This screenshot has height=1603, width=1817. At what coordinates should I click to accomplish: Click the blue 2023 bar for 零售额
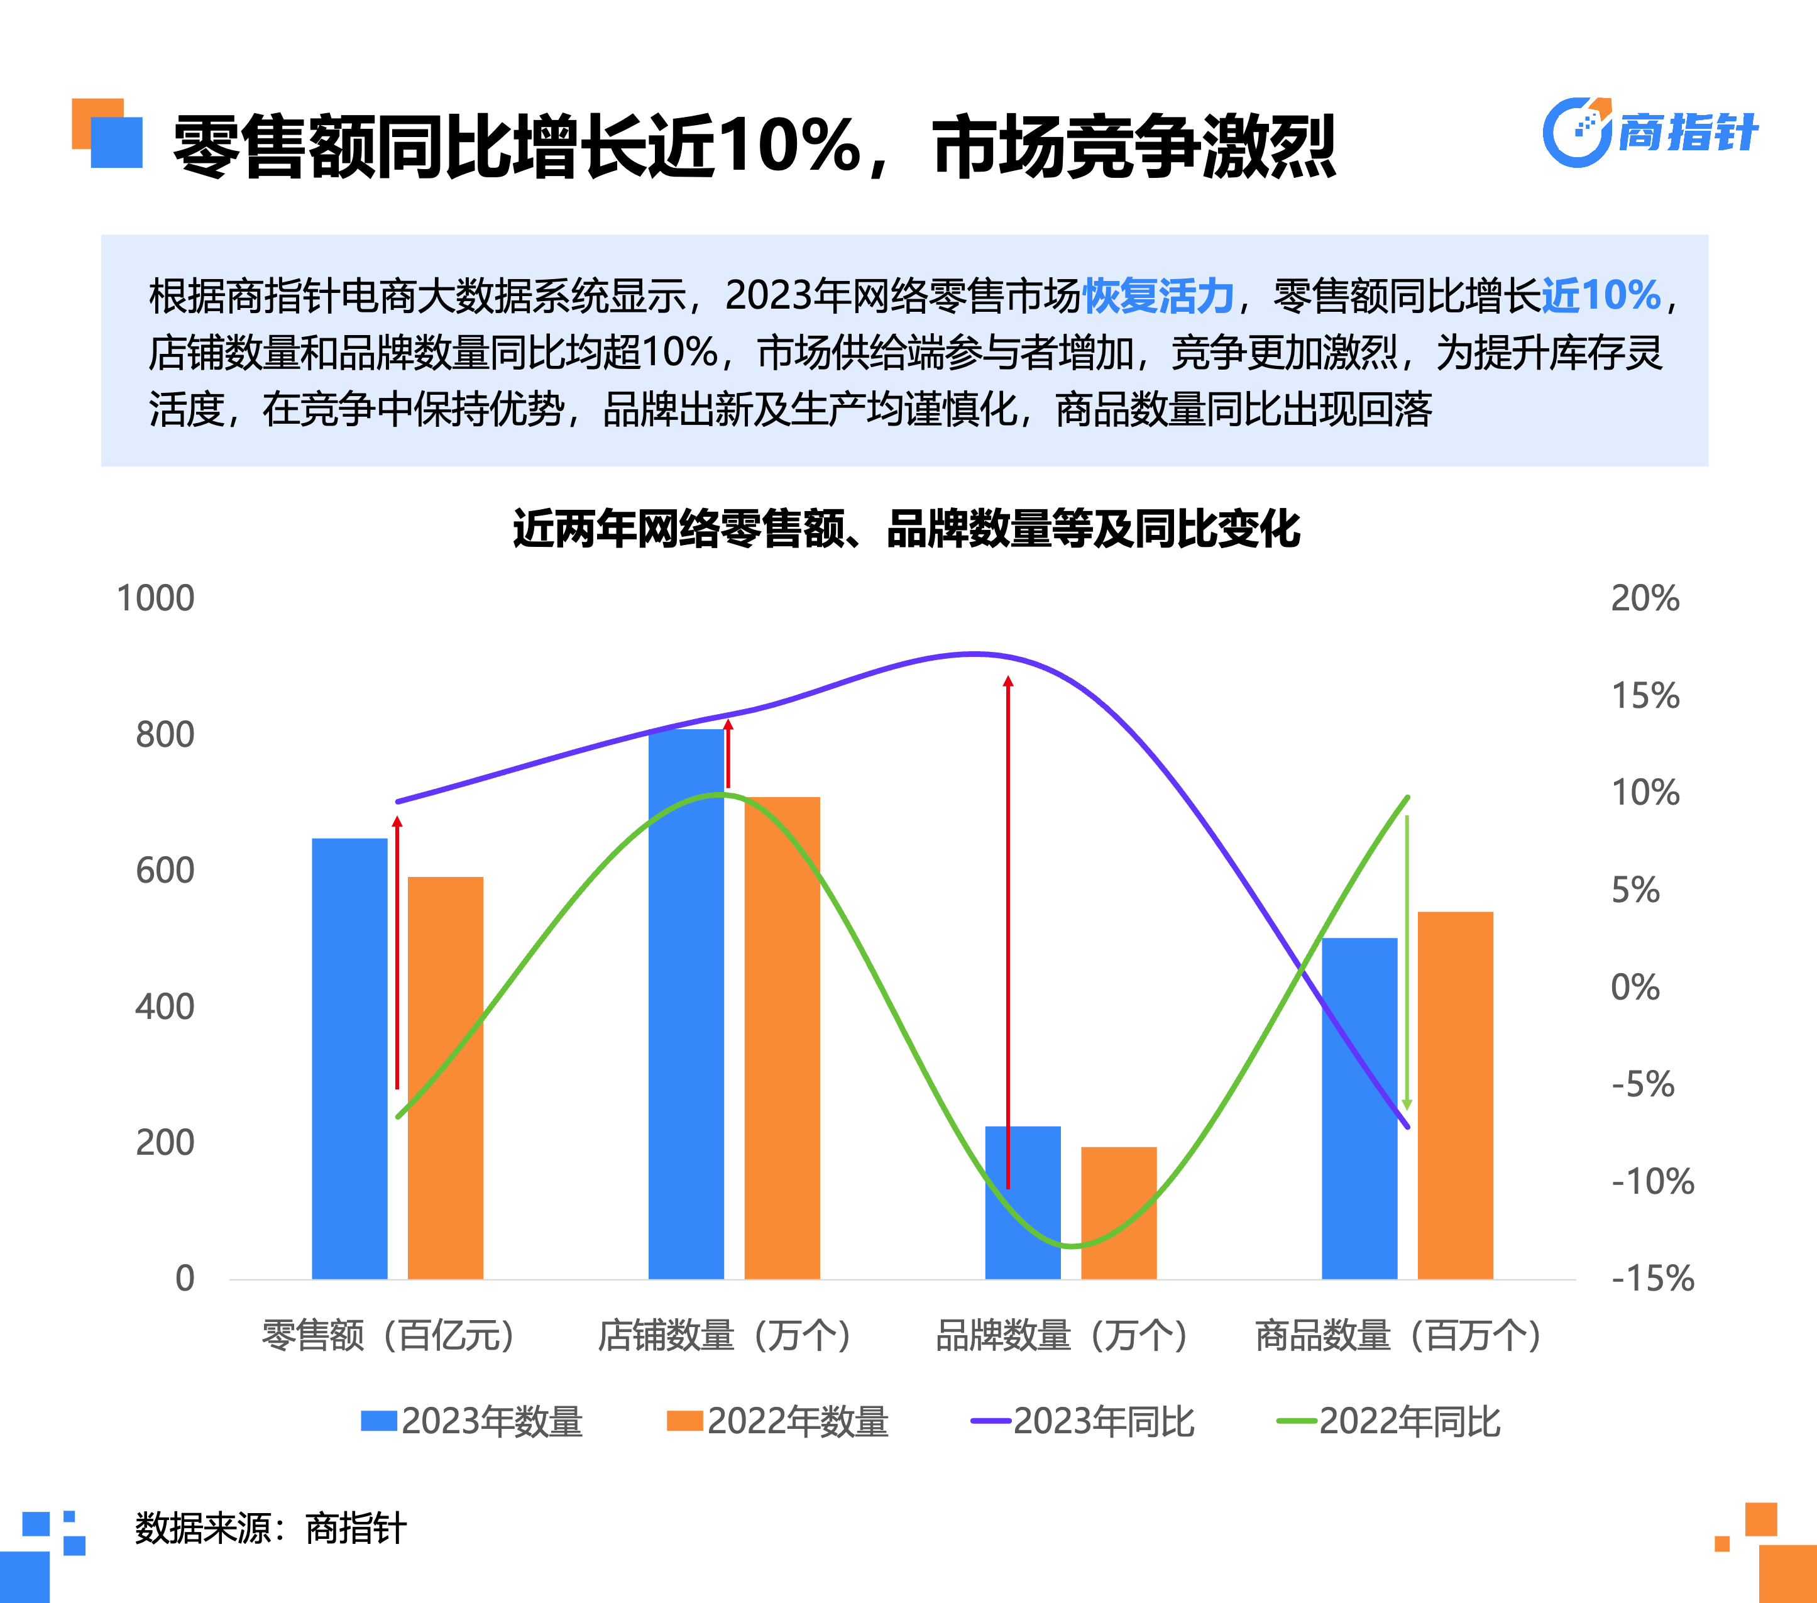[349, 1058]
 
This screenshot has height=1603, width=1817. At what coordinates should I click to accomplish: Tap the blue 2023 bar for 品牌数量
[1023, 1202]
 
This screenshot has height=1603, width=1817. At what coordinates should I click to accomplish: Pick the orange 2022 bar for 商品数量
[1455, 1094]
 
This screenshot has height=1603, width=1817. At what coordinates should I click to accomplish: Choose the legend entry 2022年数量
[778, 1421]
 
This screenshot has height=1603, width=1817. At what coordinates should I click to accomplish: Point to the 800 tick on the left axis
[165, 734]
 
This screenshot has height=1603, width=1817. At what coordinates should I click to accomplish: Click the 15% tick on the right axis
[1645, 695]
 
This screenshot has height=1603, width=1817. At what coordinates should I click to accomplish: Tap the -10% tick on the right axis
[1652, 1182]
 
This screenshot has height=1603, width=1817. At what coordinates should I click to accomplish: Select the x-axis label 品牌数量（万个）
[1062, 1335]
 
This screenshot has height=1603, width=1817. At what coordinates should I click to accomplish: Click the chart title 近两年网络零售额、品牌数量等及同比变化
[907, 529]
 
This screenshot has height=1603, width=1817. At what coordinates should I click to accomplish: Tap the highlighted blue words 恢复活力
[1158, 295]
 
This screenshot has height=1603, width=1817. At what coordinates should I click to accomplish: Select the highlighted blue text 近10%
[1600, 295]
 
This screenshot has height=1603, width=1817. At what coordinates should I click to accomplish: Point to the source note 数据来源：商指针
[270, 1528]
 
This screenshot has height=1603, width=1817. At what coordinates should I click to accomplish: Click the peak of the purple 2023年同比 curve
[974, 654]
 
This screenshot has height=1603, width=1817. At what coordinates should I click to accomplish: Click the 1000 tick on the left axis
[156, 598]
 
